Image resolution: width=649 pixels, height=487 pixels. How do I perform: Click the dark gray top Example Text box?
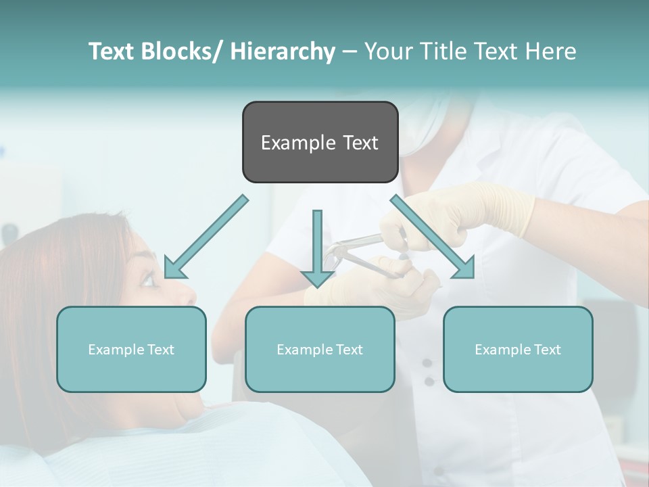click(x=320, y=142)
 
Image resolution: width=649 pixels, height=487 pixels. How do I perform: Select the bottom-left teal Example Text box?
click(x=131, y=349)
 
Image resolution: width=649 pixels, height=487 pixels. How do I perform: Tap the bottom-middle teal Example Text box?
click(x=320, y=349)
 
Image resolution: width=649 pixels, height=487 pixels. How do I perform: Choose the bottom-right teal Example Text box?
click(x=518, y=349)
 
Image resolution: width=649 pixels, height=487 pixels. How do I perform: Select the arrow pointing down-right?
click(x=433, y=237)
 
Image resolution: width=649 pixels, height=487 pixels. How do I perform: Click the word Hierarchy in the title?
click(x=283, y=51)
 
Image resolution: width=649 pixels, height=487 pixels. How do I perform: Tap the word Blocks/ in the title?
click(x=182, y=51)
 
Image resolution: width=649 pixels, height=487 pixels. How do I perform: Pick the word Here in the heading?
click(x=550, y=51)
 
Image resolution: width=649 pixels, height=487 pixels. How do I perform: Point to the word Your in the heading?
click(x=387, y=51)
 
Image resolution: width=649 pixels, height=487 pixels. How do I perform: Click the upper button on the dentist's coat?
click(x=427, y=363)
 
